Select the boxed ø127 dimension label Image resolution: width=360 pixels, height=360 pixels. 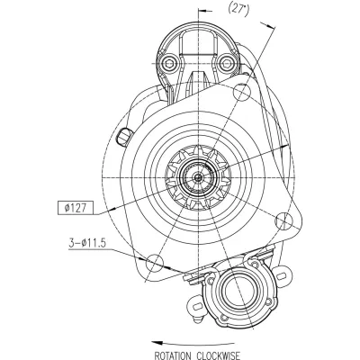76,208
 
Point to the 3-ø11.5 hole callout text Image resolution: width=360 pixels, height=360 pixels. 87,243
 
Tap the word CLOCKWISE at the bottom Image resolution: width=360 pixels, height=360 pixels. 218,355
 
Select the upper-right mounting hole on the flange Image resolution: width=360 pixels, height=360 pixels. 242,93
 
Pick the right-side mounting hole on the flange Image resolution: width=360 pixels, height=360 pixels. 283,221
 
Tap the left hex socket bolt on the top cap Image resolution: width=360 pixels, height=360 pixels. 169,64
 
